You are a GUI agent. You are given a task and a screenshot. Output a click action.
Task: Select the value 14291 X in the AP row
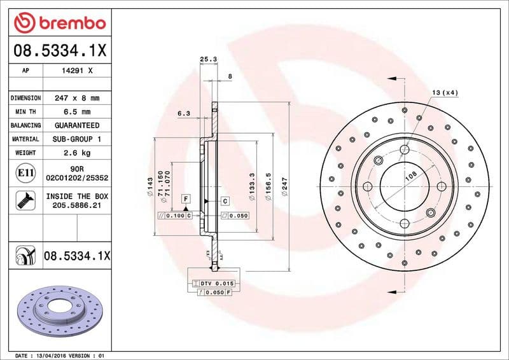point(76,71)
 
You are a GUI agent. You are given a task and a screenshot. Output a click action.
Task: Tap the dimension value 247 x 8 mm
point(76,98)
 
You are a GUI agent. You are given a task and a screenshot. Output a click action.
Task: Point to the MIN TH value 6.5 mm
point(76,112)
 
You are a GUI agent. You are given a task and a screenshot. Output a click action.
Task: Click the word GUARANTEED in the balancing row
point(76,125)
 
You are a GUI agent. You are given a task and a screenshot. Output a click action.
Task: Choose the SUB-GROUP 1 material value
point(76,139)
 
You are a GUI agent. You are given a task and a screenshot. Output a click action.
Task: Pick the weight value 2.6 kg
point(76,153)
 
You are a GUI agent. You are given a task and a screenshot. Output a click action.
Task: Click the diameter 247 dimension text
point(285,188)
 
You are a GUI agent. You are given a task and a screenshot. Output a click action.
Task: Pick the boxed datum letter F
point(185,199)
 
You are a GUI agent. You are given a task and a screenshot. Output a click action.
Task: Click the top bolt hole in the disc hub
point(404,150)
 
